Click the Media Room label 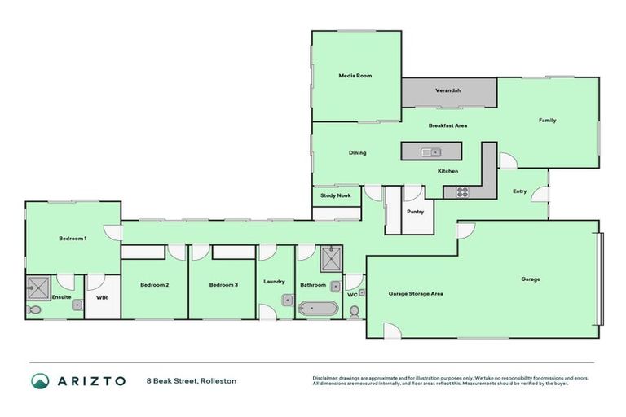click(355, 75)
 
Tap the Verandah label click(447, 90)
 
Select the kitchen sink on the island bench click(430, 151)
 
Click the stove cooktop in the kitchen click(461, 192)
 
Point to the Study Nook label click(335, 195)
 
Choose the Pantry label click(415, 211)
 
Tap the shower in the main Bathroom click(332, 259)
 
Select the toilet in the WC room click(355, 311)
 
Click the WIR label click(102, 298)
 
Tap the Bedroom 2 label click(154, 285)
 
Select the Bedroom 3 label click(223, 285)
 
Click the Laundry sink click(286, 300)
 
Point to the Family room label click(547, 121)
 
